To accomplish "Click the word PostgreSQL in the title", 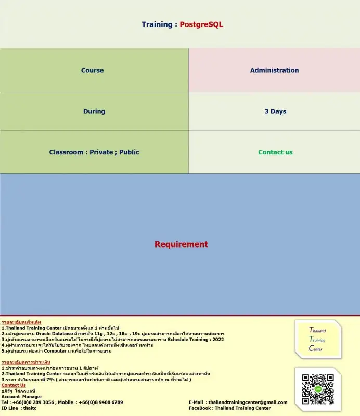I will tap(201, 24).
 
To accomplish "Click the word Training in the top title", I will tap(157, 24).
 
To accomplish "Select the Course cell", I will tap(93, 70).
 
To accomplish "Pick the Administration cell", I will tap(274, 70).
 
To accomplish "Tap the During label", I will tap(94, 111).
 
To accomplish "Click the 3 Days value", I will tap(275, 111).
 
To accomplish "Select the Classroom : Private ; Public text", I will tap(94, 152).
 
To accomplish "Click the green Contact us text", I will tap(275, 152).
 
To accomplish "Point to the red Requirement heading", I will tap(181, 244).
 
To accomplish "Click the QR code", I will tap(317, 389).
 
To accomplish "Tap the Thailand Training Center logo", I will tap(317, 339).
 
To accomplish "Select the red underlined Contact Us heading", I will tap(14, 385).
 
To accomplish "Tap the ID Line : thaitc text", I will tap(19, 408).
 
